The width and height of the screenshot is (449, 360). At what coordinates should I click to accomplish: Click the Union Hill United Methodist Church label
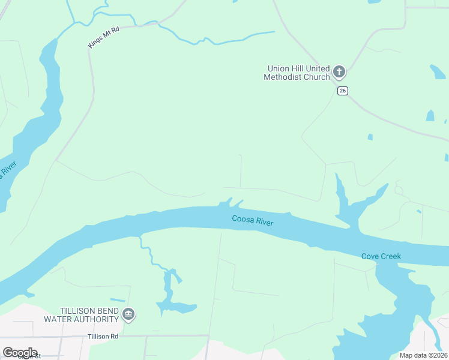[297, 73]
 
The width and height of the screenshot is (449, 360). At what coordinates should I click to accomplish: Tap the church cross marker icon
[339, 73]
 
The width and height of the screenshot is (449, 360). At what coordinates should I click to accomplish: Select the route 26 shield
[342, 91]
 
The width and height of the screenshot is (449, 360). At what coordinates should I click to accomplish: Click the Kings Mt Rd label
[104, 38]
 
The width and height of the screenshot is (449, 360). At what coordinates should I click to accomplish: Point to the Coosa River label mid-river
[253, 221]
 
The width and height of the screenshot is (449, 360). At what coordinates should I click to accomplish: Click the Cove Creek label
[381, 256]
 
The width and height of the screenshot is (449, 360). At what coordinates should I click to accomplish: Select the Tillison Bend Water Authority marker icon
[128, 314]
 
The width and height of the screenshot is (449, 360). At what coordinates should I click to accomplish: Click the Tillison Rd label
[102, 337]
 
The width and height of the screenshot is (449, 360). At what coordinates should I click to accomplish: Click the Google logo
[20, 353]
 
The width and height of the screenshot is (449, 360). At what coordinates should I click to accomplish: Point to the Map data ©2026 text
[423, 355]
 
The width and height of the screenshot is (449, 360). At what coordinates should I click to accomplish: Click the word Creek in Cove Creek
[391, 256]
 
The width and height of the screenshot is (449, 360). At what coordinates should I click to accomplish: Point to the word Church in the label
[317, 77]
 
